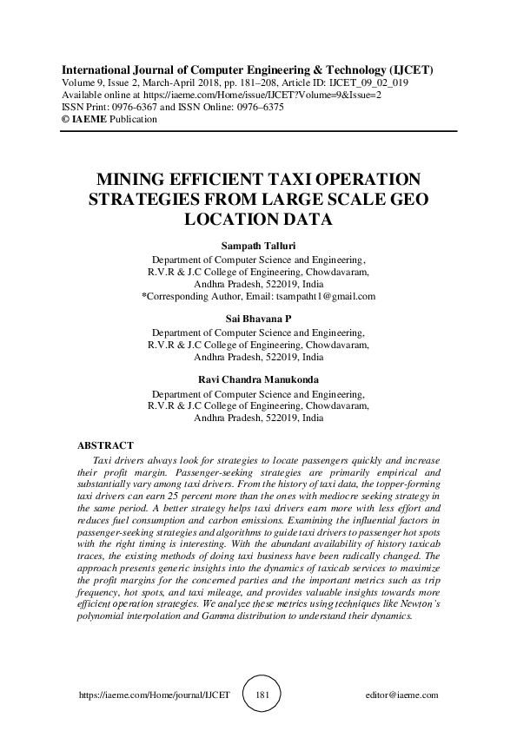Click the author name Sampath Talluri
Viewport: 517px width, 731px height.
coord(258,246)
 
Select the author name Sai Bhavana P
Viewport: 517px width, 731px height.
coord(258,319)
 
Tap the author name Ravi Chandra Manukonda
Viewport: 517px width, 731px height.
coord(258,379)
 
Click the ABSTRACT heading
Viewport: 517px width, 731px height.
coord(105,445)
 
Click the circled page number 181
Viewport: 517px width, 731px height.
coord(258,695)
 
